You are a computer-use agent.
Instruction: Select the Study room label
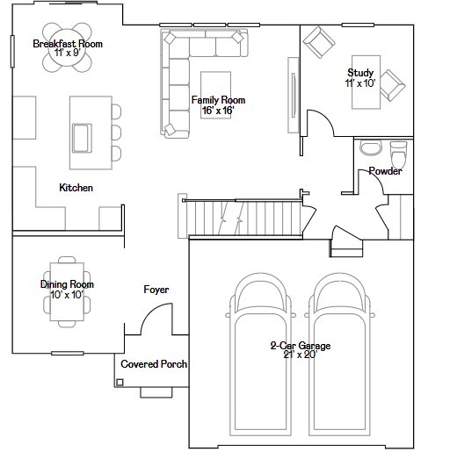click(360, 78)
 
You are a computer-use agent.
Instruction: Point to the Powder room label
click(385, 171)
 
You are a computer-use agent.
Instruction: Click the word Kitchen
click(76, 188)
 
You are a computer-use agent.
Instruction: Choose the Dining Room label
click(67, 290)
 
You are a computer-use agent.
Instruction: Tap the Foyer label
click(156, 290)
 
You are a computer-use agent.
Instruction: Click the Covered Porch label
click(154, 363)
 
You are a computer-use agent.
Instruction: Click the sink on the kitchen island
click(82, 137)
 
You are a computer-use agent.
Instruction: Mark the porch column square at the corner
click(120, 381)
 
